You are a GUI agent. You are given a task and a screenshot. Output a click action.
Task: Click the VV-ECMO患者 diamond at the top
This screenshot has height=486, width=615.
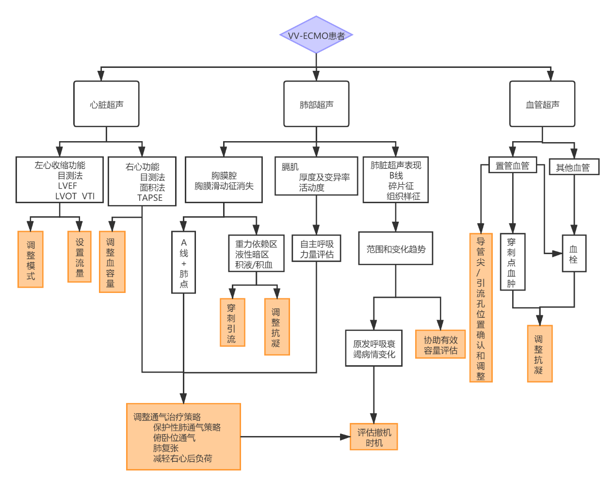[316, 35]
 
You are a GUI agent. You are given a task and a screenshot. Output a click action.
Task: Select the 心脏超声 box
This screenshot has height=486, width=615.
[106, 104]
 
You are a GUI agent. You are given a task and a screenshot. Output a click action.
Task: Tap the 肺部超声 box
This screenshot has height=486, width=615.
[316, 104]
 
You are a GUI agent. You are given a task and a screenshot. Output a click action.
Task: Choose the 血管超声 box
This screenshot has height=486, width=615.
[542, 104]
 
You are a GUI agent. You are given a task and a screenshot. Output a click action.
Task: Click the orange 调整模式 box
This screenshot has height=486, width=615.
[31, 259]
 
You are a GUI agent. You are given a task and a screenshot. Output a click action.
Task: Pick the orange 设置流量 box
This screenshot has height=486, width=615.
[80, 257]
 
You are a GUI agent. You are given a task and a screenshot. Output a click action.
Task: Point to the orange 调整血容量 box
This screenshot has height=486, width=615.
[112, 262]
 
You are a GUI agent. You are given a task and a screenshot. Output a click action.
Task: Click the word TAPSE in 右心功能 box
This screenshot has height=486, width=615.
[150, 198]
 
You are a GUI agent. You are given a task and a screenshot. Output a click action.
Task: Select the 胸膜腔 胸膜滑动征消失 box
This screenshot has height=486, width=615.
[224, 180]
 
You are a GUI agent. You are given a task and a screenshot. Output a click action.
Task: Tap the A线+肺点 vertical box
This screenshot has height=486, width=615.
[183, 262]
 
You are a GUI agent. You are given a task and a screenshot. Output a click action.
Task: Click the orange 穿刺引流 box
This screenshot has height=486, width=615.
[232, 322]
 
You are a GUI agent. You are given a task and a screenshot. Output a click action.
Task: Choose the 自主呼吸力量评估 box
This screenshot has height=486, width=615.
[316, 249]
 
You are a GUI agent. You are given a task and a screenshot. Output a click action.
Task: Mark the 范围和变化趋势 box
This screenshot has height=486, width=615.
[395, 248]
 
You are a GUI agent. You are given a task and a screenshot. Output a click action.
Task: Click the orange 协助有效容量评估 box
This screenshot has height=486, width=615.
[440, 344]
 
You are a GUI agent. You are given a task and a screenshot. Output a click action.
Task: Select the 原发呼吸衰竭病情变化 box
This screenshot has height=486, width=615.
[373, 348]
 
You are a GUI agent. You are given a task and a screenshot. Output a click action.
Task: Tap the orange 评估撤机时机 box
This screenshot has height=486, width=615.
[374, 437]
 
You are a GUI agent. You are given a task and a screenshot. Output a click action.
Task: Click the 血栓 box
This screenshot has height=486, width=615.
[574, 254]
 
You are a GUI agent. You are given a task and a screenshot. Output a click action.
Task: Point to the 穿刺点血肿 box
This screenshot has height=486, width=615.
[512, 262]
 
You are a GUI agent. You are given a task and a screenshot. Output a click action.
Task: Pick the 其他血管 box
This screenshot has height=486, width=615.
[573, 167]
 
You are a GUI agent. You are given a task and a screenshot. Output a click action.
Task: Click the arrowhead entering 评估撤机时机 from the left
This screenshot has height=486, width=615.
[345, 437]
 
